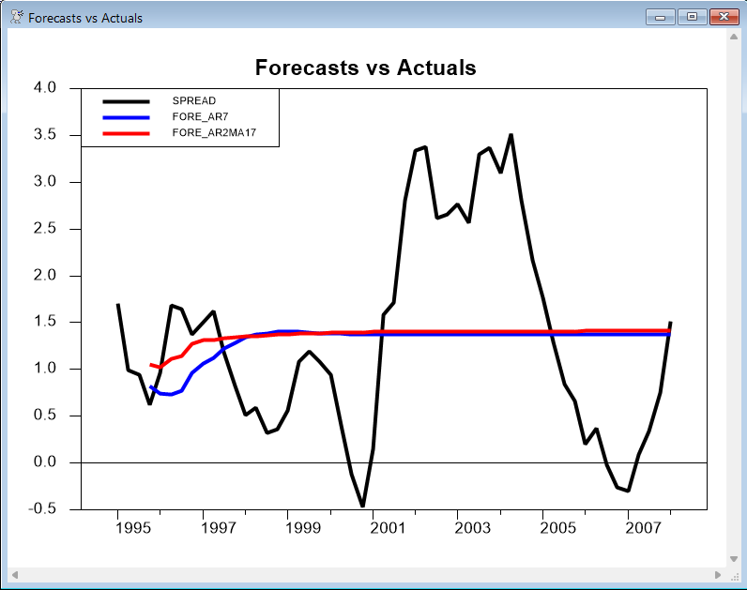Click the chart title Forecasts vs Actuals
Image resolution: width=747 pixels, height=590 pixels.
tap(366, 68)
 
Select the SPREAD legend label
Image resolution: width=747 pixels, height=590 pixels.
tap(194, 99)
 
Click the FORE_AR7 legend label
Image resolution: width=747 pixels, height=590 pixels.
tap(202, 116)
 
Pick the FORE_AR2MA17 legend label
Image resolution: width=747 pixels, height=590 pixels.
tap(214, 133)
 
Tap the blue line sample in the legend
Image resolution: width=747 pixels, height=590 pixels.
tap(126, 116)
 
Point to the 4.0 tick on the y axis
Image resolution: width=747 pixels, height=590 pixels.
tap(44, 88)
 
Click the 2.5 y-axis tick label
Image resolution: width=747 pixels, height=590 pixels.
tap(44, 229)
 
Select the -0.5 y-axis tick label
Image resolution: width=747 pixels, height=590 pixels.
tap(42, 509)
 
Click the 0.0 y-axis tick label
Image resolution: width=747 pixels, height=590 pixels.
tap(44, 462)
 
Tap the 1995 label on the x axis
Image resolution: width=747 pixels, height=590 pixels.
tap(132, 527)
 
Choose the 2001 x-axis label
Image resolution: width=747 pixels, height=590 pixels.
tap(388, 527)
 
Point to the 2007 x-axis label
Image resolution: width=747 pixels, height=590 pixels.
tap(643, 527)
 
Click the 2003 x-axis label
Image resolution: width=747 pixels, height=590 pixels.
tap(473, 527)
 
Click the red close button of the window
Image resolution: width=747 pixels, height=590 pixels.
tap(720, 17)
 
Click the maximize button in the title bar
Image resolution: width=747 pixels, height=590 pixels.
tap(692, 17)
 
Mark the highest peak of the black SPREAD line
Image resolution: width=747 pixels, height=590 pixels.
tap(511, 134)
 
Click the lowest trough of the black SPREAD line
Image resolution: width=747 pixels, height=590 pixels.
tap(362, 507)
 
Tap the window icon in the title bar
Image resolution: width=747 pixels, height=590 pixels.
tap(16, 17)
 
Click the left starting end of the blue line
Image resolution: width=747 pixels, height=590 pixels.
tap(151, 386)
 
